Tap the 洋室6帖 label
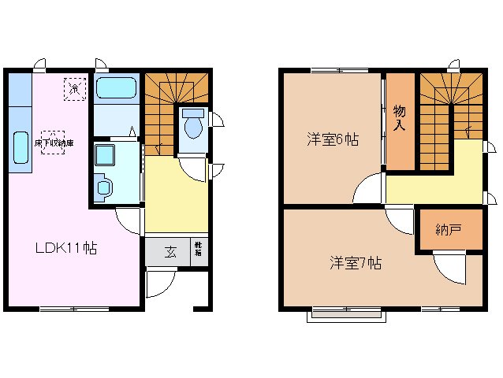333,140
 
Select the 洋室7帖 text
356,263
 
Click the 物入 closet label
400,118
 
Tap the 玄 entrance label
170,252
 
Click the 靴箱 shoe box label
199,251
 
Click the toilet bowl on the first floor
192,124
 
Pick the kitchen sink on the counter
21,147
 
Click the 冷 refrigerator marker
75,88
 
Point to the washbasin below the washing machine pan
104,187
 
